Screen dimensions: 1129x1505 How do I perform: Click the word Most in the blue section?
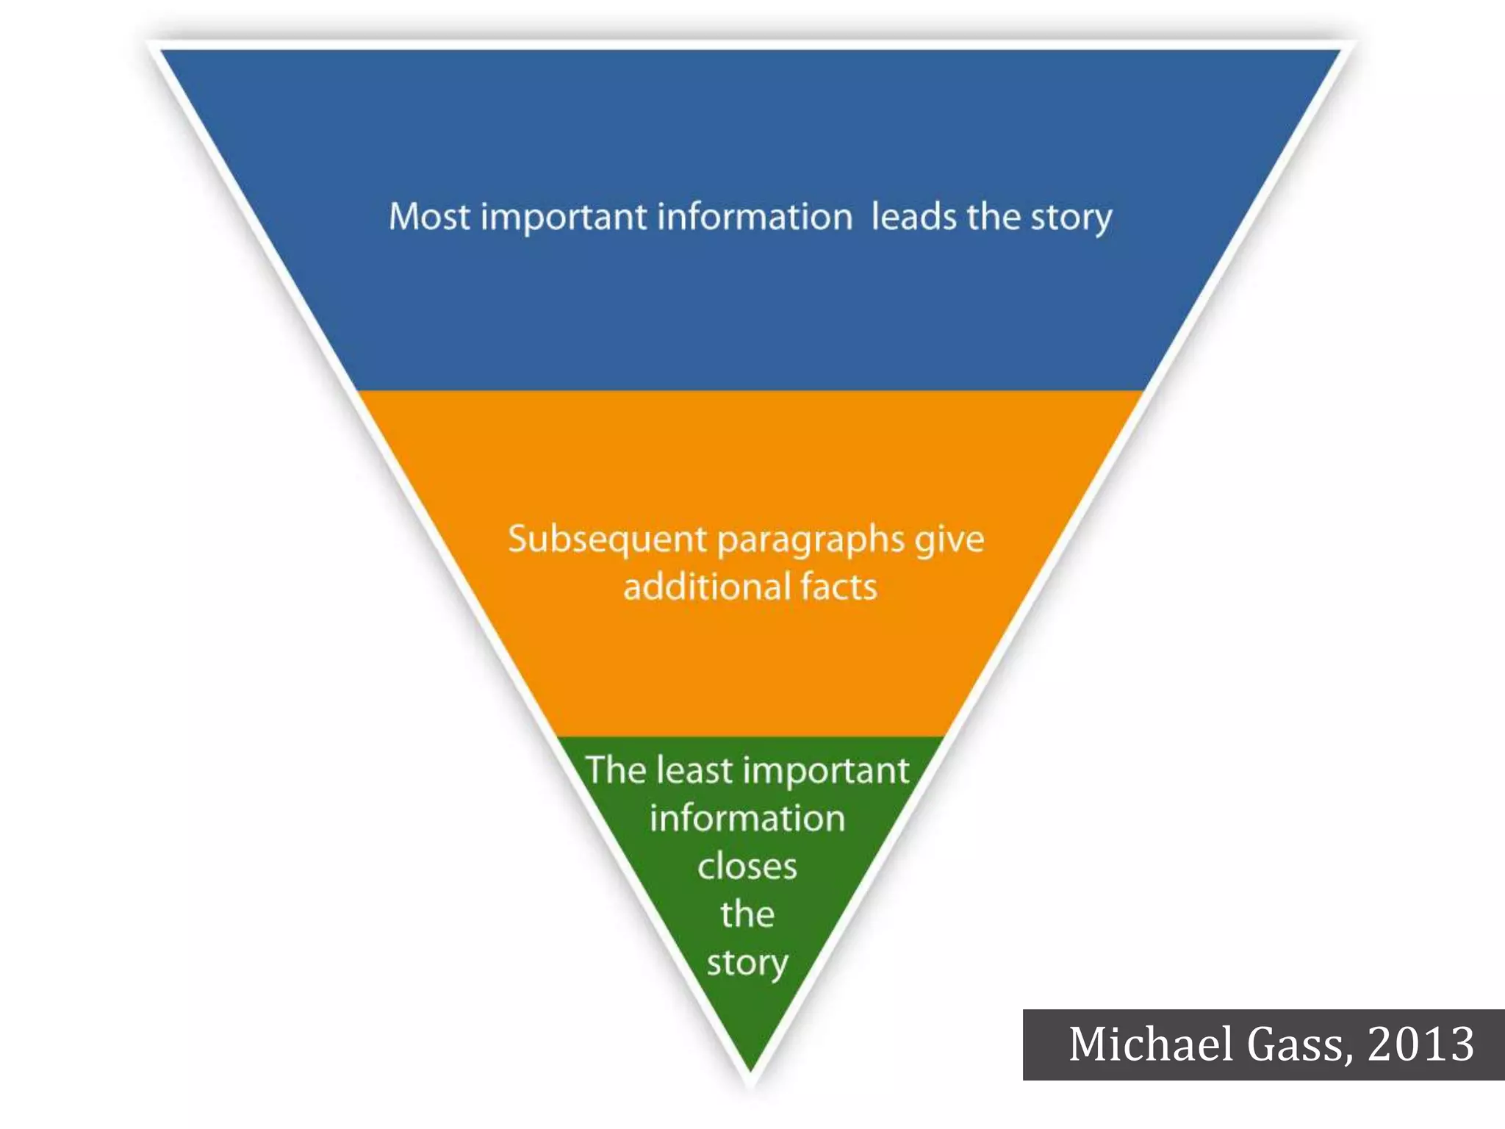coord(429,217)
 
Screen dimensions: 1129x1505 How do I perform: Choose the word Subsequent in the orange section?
coord(607,540)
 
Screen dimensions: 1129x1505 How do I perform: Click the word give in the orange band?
coord(949,540)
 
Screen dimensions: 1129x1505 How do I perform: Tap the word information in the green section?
coord(747,818)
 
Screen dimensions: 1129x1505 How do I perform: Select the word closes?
coord(747,867)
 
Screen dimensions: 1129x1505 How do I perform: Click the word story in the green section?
coord(747,964)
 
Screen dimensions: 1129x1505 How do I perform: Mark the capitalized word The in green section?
coord(615,770)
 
